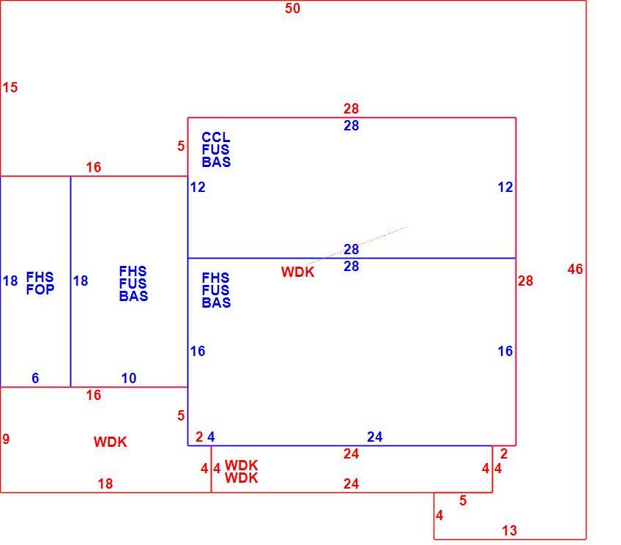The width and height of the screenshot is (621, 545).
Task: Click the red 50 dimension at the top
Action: point(292,8)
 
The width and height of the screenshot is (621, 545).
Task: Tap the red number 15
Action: point(10,87)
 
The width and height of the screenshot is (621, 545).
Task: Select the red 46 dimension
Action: point(575,270)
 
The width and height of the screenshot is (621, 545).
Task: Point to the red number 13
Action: point(509,530)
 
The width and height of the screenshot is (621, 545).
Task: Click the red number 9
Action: point(6,439)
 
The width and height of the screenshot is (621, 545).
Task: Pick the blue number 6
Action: point(35,378)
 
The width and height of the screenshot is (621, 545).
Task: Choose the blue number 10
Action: point(129,378)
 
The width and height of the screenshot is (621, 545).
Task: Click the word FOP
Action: point(40,289)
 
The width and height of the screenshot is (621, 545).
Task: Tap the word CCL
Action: point(216,137)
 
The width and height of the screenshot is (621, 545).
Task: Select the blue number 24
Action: point(375,437)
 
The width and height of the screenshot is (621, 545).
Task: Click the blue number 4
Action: point(211,437)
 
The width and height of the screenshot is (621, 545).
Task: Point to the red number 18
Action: point(105,483)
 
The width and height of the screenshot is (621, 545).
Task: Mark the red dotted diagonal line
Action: point(357,245)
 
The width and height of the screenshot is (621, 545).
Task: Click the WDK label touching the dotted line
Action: point(298,272)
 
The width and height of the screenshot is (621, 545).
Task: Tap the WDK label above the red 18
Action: point(110,442)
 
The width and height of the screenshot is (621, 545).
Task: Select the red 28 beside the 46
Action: point(525,281)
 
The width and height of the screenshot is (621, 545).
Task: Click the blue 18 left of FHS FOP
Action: point(10,281)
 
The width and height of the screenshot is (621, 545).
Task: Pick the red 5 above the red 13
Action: point(463,500)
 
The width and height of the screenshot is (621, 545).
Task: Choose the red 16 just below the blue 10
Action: point(94,395)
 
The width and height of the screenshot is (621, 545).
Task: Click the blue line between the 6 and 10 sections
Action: point(70,281)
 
